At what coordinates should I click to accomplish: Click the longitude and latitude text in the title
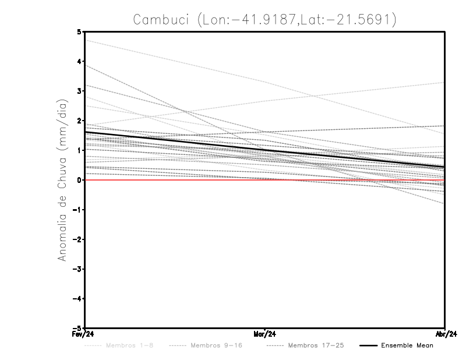click(x=297, y=20)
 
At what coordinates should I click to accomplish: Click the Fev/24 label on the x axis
click(x=84, y=335)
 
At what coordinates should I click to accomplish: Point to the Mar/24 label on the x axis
click(x=265, y=335)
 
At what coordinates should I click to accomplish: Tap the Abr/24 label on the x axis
click(x=445, y=335)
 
